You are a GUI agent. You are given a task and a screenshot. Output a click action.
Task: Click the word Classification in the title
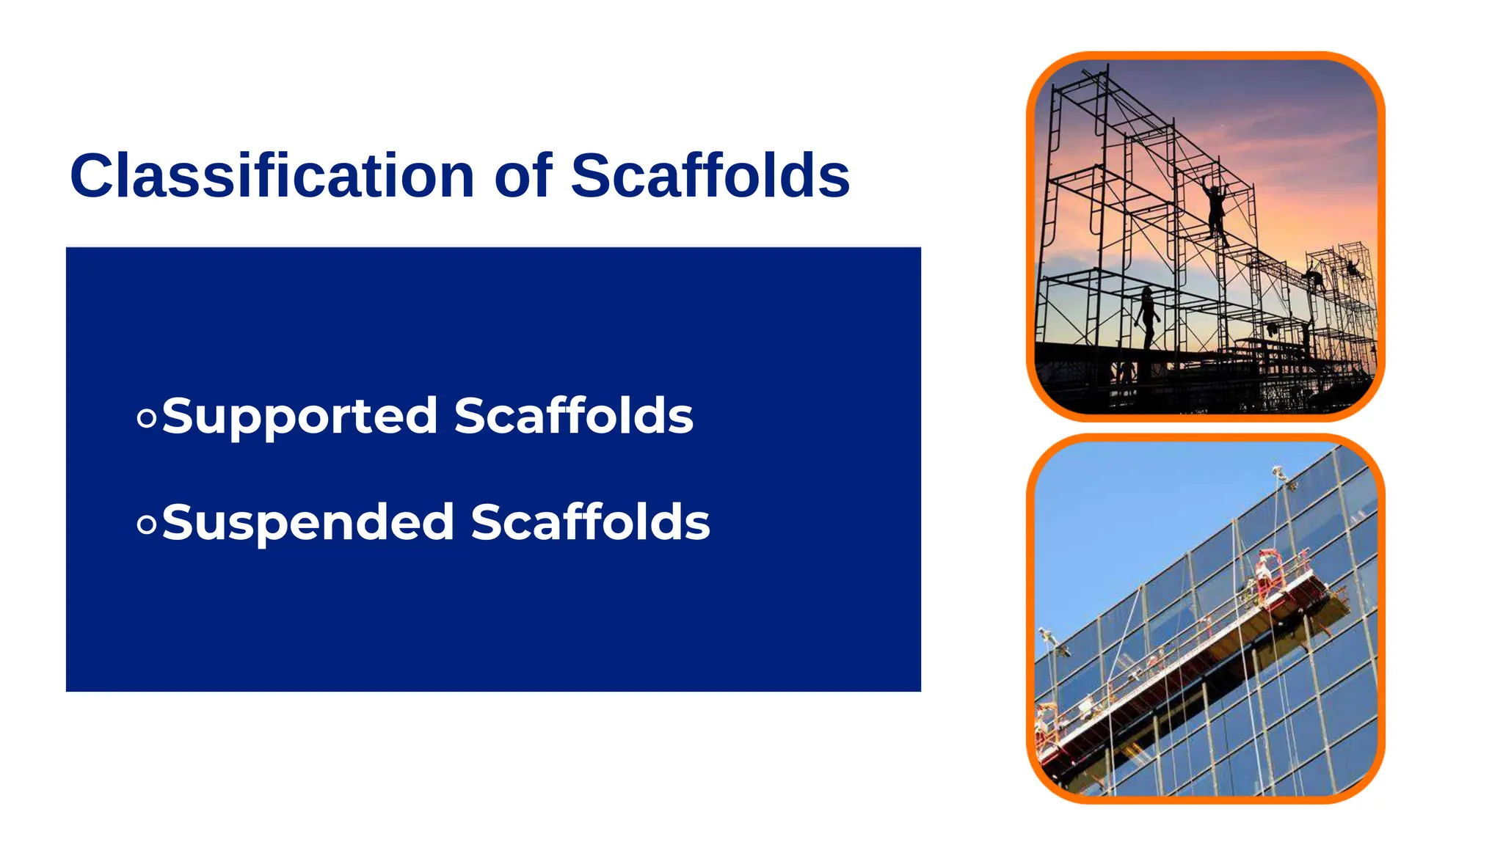pos(272,176)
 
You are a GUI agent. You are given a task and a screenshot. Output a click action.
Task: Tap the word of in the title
pos(523,176)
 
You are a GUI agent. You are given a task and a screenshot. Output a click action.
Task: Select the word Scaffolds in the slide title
pos(710,176)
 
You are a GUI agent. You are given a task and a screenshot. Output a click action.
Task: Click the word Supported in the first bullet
pos(299,417)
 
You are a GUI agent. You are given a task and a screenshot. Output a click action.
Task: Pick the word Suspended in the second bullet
pos(307,523)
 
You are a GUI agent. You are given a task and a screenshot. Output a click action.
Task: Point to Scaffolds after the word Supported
pos(573,416)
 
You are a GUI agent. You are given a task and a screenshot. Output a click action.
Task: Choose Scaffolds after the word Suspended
pos(590,522)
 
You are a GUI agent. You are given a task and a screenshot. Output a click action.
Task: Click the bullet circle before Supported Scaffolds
pos(147,418)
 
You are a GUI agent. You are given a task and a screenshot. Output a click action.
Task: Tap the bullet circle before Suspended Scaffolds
pos(147,524)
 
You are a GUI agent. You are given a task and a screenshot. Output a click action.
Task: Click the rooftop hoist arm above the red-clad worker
pos(1281,474)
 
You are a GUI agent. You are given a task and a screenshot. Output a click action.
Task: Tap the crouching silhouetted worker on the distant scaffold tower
pos(1314,278)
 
